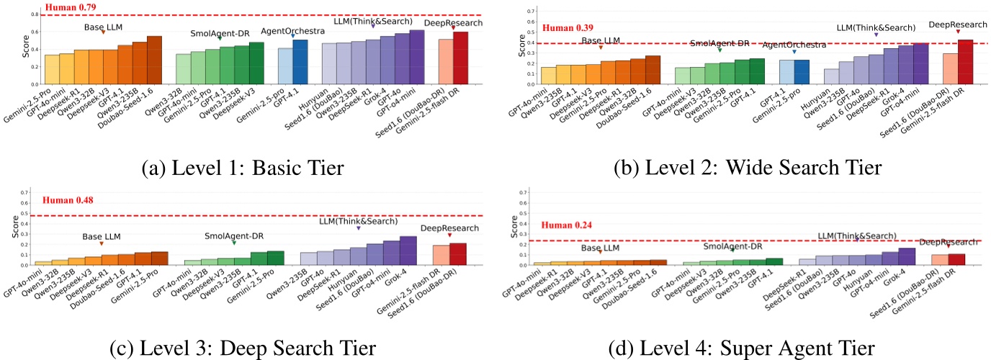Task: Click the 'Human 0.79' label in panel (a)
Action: click(70, 7)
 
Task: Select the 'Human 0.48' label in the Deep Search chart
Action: click(68, 201)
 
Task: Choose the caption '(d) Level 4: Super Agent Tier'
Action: click(741, 348)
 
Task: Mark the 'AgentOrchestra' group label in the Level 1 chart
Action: click(290, 31)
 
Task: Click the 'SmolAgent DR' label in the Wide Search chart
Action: click(719, 43)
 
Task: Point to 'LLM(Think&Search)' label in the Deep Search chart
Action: click(358, 221)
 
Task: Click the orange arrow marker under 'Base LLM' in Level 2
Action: click(601, 48)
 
